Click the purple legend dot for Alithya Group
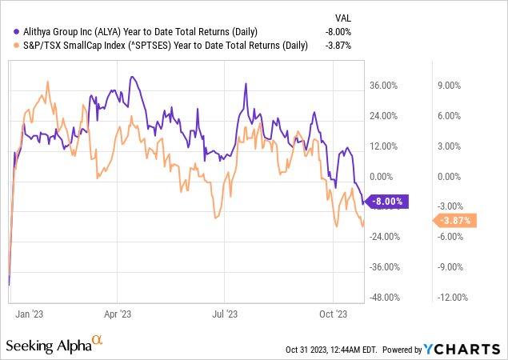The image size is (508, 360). point(10,31)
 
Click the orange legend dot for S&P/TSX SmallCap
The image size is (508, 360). point(10,45)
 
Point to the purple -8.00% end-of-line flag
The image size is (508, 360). point(387,202)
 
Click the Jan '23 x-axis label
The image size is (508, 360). point(30,314)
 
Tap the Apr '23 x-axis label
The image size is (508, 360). point(118,314)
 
